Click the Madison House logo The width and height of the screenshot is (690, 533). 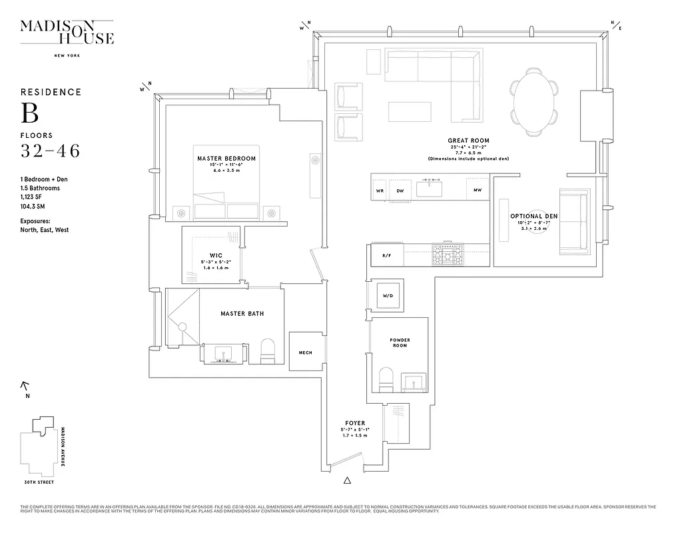pyautogui.click(x=67, y=33)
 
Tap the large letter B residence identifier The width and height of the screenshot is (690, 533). pyautogui.click(x=29, y=113)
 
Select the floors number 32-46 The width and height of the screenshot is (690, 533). pyautogui.click(x=50, y=151)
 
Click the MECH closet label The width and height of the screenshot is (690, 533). pyautogui.click(x=306, y=353)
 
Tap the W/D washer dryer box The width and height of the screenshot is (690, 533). pyautogui.click(x=388, y=295)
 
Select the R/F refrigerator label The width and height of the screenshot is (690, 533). pyautogui.click(x=386, y=256)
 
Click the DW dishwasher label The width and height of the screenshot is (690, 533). pyautogui.click(x=400, y=191)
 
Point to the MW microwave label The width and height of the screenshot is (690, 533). pyautogui.click(x=478, y=191)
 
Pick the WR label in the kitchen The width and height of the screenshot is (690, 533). pyautogui.click(x=380, y=191)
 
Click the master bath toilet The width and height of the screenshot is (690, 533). pyautogui.click(x=268, y=351)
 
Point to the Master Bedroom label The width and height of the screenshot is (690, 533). pyautogui.click(x=226, y=159)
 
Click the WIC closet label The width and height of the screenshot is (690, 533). pyautogui.click(x=215, y=255)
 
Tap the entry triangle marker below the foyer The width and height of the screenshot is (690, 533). pyautogui.click(x=346, y=480)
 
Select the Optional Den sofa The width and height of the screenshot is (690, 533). pyautogui.click(x=573, y=222)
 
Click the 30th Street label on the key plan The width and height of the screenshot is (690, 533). pyautogui.click(x=39, y=482)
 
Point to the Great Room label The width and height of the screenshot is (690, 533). pyautogui.click(x=469, y=141)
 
